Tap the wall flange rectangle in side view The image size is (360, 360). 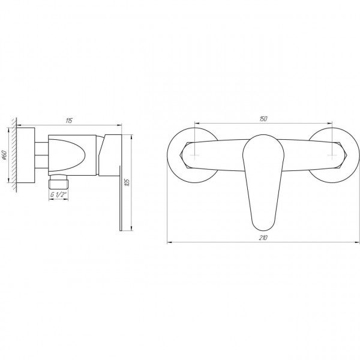[26, 156]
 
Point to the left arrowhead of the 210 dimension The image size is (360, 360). [169, 243]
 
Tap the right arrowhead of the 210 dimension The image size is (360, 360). [353, 243]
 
